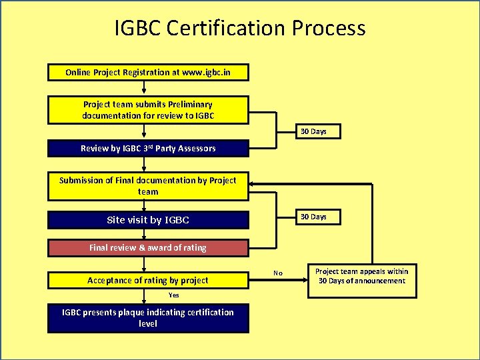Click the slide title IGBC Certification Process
[240, 28]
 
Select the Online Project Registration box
[148, 72]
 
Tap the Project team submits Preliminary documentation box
[148, 110]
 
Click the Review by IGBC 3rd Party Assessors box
[148, 149]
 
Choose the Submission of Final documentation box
[148, 186]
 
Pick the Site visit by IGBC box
[148, 220]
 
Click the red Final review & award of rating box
[148, 248]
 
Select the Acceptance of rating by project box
[148, 281]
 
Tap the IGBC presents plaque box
[148, 318]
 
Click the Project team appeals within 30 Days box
[361, 276]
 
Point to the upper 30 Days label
[313, 131]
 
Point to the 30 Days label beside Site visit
[313, 217]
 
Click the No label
[278, 273]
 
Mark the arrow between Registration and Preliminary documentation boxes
[148, 88]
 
